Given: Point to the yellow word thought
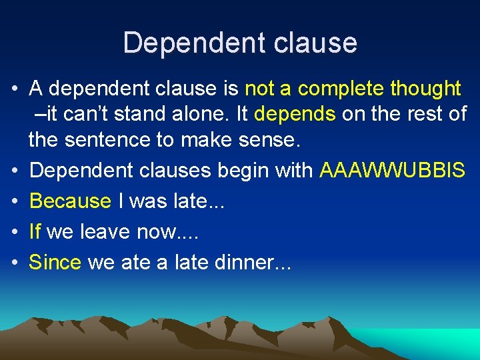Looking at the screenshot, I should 425,88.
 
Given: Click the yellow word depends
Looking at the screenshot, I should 295,114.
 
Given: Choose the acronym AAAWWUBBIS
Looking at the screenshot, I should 392,170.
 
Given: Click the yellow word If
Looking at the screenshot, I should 35,231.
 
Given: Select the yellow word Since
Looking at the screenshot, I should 55,262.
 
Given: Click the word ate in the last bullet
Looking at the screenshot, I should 136,263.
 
